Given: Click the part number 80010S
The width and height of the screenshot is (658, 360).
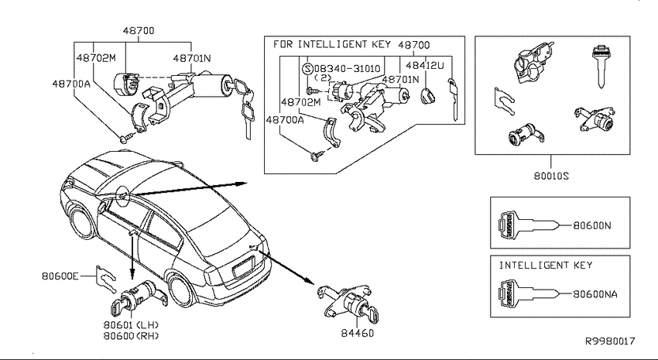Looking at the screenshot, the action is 551,176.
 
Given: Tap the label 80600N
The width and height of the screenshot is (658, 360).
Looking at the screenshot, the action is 591,225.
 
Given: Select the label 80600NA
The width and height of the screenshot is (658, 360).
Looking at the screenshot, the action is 595,294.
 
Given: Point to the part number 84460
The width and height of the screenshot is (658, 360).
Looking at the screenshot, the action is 357,333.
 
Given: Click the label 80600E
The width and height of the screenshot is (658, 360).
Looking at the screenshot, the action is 60,276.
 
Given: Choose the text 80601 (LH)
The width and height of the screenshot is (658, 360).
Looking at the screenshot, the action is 131,324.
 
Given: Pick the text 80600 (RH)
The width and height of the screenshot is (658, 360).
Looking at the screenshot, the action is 131,336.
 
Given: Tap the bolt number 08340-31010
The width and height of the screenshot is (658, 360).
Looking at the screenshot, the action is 347,68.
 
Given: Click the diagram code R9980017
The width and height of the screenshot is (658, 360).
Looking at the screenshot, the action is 610,341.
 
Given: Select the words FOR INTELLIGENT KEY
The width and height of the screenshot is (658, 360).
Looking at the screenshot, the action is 332,44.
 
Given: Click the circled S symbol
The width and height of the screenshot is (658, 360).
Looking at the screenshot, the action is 307,68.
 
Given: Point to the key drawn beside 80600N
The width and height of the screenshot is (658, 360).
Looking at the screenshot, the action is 528,225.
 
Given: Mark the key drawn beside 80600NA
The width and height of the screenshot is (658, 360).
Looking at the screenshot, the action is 528,293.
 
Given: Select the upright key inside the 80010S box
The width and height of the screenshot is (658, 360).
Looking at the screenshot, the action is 601,67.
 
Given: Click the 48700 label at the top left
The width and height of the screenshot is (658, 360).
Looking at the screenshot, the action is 139,31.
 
